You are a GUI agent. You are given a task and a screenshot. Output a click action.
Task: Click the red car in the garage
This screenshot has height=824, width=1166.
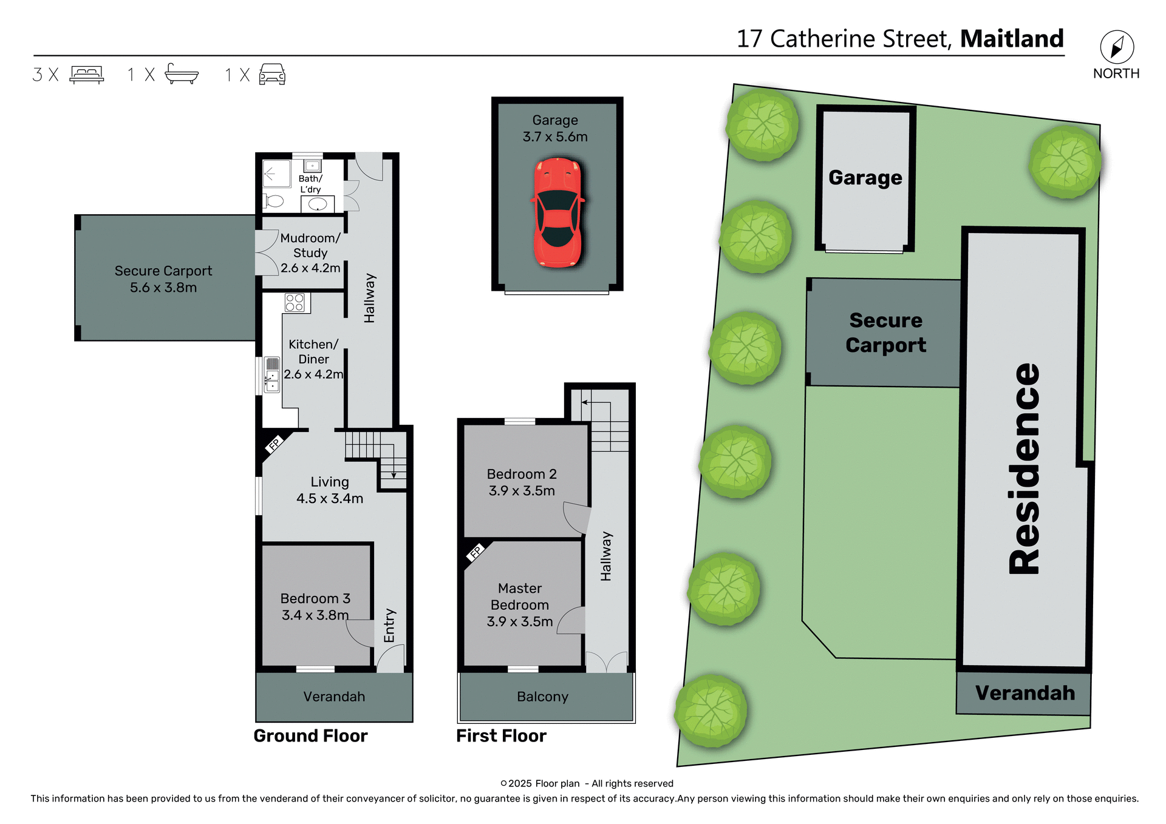[557, 212]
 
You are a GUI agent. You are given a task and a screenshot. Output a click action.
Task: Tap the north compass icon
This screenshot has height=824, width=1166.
[1117, 47]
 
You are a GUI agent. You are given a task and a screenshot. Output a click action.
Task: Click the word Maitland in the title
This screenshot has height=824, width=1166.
[1012, 39]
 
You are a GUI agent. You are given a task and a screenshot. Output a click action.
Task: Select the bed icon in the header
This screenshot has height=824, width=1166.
[87, 74]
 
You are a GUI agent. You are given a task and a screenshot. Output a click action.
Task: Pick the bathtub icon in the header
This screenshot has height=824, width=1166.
[182, 74]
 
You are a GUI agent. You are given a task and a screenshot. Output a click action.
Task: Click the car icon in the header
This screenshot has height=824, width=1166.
[272, 74]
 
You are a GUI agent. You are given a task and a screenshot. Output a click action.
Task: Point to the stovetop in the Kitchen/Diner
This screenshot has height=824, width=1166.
[295, 302]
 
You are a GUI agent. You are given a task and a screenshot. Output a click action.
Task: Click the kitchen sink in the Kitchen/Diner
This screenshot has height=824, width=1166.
[272, 375]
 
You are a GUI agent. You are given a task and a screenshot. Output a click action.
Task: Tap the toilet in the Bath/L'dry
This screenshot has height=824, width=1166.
[274, 201]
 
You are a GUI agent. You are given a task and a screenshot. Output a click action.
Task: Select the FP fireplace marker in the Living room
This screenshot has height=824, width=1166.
[274, 444]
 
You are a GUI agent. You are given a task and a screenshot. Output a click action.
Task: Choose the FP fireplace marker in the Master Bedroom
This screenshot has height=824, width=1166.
[476, 552]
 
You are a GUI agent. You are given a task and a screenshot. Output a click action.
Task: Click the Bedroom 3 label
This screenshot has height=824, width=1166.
[315, 599]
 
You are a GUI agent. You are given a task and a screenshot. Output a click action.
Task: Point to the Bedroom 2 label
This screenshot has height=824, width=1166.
[522, 474]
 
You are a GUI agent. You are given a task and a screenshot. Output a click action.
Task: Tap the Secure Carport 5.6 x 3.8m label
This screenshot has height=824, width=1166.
[163, 279]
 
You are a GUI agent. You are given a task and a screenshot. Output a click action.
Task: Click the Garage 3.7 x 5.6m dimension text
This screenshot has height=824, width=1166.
[555, 137]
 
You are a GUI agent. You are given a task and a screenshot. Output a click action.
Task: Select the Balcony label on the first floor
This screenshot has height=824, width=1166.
[542, 697]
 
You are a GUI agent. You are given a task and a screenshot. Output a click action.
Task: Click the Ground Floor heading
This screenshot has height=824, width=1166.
[310, 736]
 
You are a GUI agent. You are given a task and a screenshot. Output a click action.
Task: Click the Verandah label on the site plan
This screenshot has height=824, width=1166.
[1025, 693]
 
